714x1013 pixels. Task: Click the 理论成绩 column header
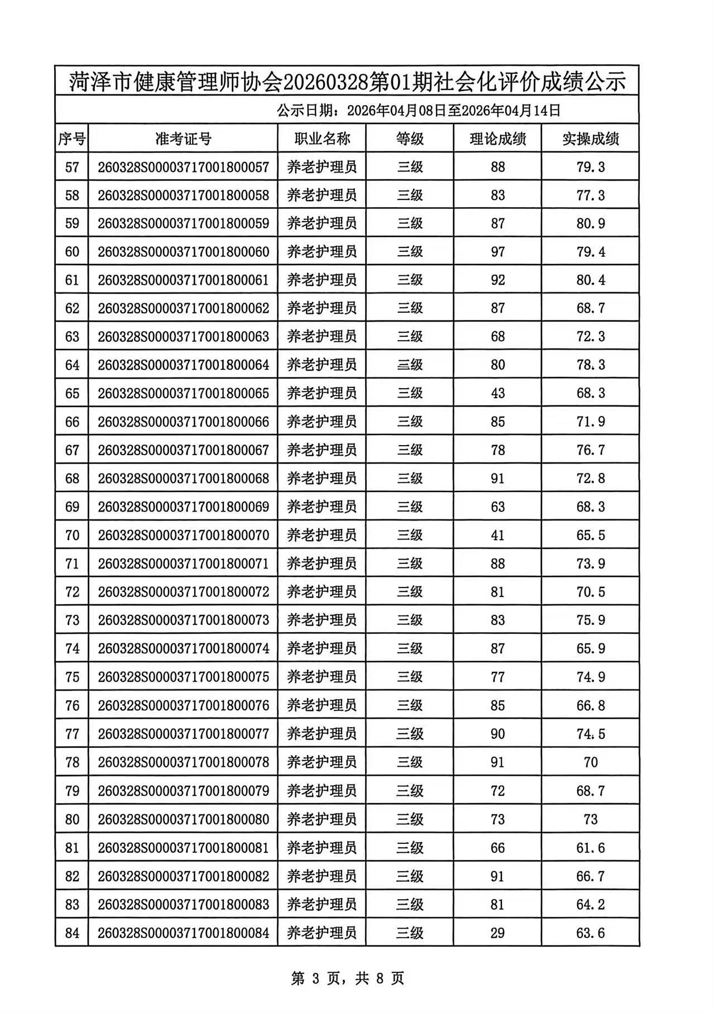coord(497,138)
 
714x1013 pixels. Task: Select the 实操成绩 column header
coord(590,138)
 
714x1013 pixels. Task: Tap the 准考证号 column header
coord(183,138)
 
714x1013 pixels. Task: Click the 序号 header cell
coord(72,138)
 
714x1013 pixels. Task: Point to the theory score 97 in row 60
coord(497,252)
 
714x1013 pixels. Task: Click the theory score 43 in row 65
coord(497,393)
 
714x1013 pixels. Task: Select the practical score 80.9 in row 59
coord(591,223)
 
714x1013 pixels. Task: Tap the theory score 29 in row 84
coord(497,933)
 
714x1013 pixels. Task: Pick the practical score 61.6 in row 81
coord(591,848)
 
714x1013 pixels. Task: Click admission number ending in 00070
coord(183,535)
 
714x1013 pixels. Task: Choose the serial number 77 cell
coord(72,734)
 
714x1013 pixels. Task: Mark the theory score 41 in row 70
coord(497,535)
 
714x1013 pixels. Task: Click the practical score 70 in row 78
coord(591,762)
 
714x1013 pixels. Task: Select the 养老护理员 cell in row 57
coord(322,167)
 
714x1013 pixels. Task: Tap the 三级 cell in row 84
coord(410,933)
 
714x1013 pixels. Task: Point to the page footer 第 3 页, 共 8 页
coord(347,978)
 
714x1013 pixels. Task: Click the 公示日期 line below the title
coord(419,110)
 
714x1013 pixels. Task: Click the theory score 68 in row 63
coord(497,337)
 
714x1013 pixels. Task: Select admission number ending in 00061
coord(183,280)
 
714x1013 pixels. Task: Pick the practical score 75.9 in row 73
coord(591,620)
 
